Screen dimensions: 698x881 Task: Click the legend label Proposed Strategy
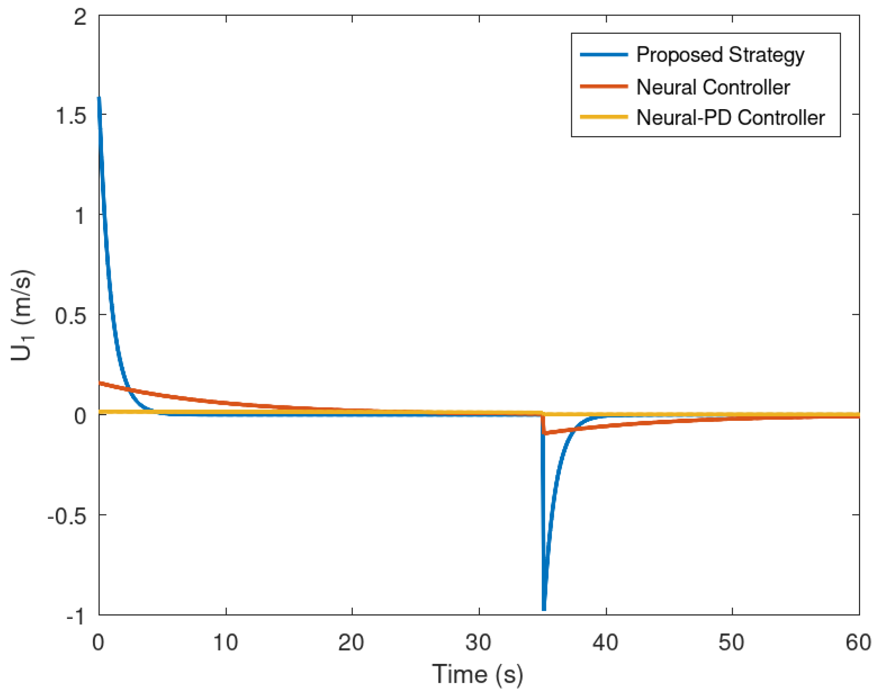click(x=720, y=55)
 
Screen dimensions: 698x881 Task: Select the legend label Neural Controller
click(x=713, y=87)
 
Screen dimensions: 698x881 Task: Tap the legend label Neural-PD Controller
click(x=730, y=118)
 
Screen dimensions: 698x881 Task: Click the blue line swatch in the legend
click(x=603, y=55)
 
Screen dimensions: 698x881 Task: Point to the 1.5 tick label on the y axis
click(x=71, y=116)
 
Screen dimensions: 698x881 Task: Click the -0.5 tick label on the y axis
click(x=67, y=517)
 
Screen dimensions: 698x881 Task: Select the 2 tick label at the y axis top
click(x=80, y=17)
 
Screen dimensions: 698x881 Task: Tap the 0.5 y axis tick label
click(x=71, y=316)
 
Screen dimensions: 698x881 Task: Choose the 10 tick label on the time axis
click(x=225, y=642)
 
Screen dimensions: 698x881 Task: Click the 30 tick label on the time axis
click(x=478, y=642)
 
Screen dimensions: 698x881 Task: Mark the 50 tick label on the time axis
click(x=732, y=642)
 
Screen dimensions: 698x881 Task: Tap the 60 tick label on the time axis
click(x=858, y=642)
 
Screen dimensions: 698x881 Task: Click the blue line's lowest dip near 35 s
click(x=544, y=609)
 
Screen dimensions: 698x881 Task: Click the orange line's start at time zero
click(x=100, y=383)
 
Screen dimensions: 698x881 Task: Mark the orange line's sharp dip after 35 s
click(x=545, y=433)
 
